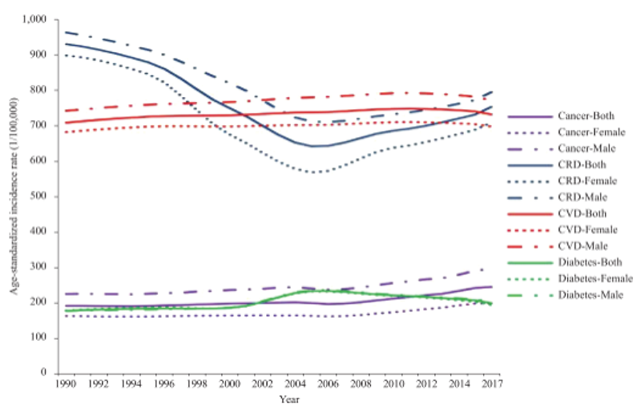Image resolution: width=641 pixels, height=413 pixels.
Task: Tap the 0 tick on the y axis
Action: (x=46, y=374)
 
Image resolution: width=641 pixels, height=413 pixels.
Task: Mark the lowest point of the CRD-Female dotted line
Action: (x=319, y=172)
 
